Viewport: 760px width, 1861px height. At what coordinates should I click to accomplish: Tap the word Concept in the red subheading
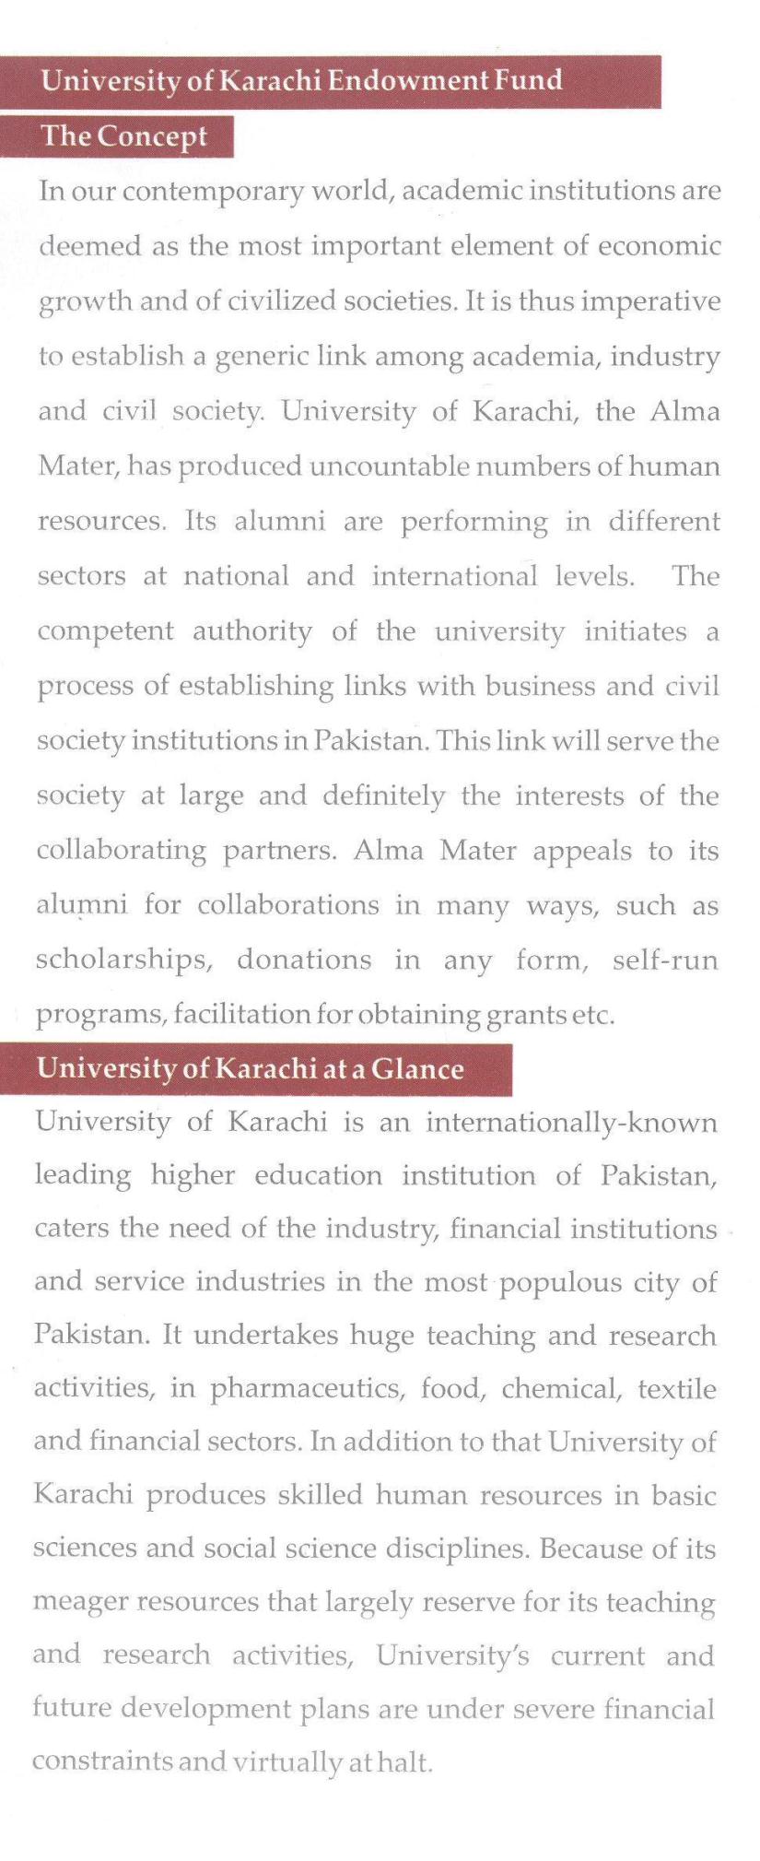click(153, 136)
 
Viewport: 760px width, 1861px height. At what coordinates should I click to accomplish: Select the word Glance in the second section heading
click(417, 1069)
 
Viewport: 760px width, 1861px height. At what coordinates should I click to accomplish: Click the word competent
click(105, 632)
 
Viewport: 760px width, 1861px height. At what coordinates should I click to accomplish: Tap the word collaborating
click(121, 851)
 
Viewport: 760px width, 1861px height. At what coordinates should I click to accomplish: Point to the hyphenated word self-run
click(664, 960)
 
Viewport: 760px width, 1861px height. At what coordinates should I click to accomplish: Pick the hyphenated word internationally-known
click(571, 1123)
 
